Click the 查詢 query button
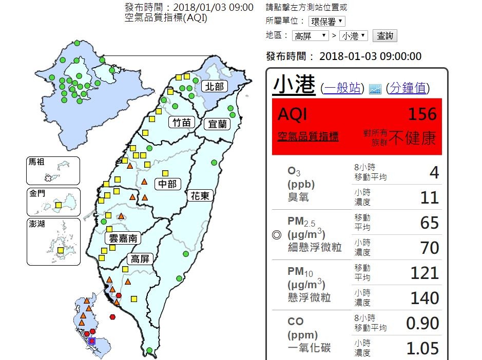click(x=384, y=36)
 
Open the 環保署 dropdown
click(x=327, y=22)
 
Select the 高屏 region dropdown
click(x=310, y=36)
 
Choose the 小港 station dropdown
click(x=354, y=36)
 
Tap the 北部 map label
click(x=214, y=86)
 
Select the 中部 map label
click(x=168, y=184)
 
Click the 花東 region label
click(x=200, y=195)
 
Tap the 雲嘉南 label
click(x=123, y=238)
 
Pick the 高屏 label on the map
click(x=140, y=258)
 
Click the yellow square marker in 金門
click(x=59, y=205)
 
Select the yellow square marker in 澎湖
click(x=61, y=251)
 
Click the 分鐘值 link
click(x=408, y=88)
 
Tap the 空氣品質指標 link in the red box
click(x=308, y=136)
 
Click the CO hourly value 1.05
click(x=422, y=348)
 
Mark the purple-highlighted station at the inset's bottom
click(x=92, y=341)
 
